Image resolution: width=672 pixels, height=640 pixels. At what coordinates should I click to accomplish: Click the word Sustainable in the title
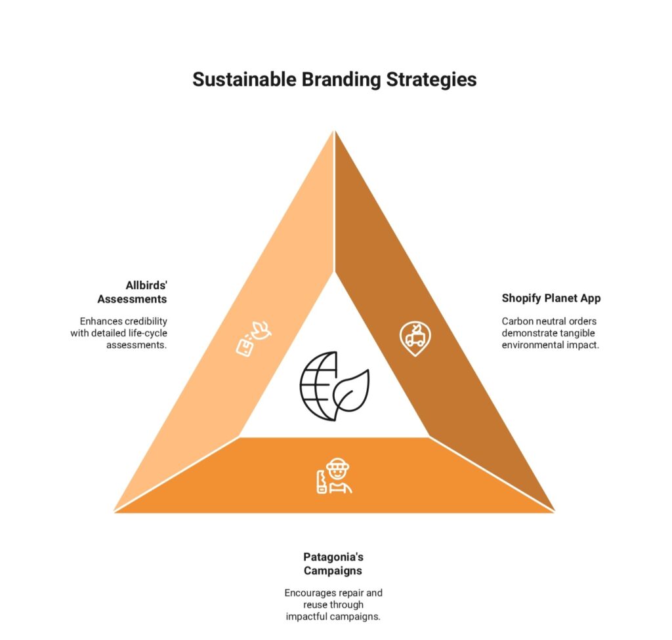point(244,80)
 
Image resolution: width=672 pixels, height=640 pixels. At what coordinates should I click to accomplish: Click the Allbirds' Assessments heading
point(132,292)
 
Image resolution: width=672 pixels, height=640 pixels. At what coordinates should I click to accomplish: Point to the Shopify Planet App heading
point(551,298)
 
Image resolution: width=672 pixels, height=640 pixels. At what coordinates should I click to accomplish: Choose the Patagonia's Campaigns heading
point(333,564)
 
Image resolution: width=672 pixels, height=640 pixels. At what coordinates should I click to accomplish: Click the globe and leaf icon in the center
point(334,386)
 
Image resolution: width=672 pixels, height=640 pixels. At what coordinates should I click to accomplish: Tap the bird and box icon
point(254,338)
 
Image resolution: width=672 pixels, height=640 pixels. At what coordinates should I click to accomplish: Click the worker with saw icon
point(334,476)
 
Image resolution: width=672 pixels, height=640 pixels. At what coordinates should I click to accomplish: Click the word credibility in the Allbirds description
point(145,321)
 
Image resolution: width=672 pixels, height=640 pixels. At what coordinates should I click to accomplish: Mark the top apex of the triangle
point(334,130)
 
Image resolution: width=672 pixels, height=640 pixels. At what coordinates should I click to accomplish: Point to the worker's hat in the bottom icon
point(338,464)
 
